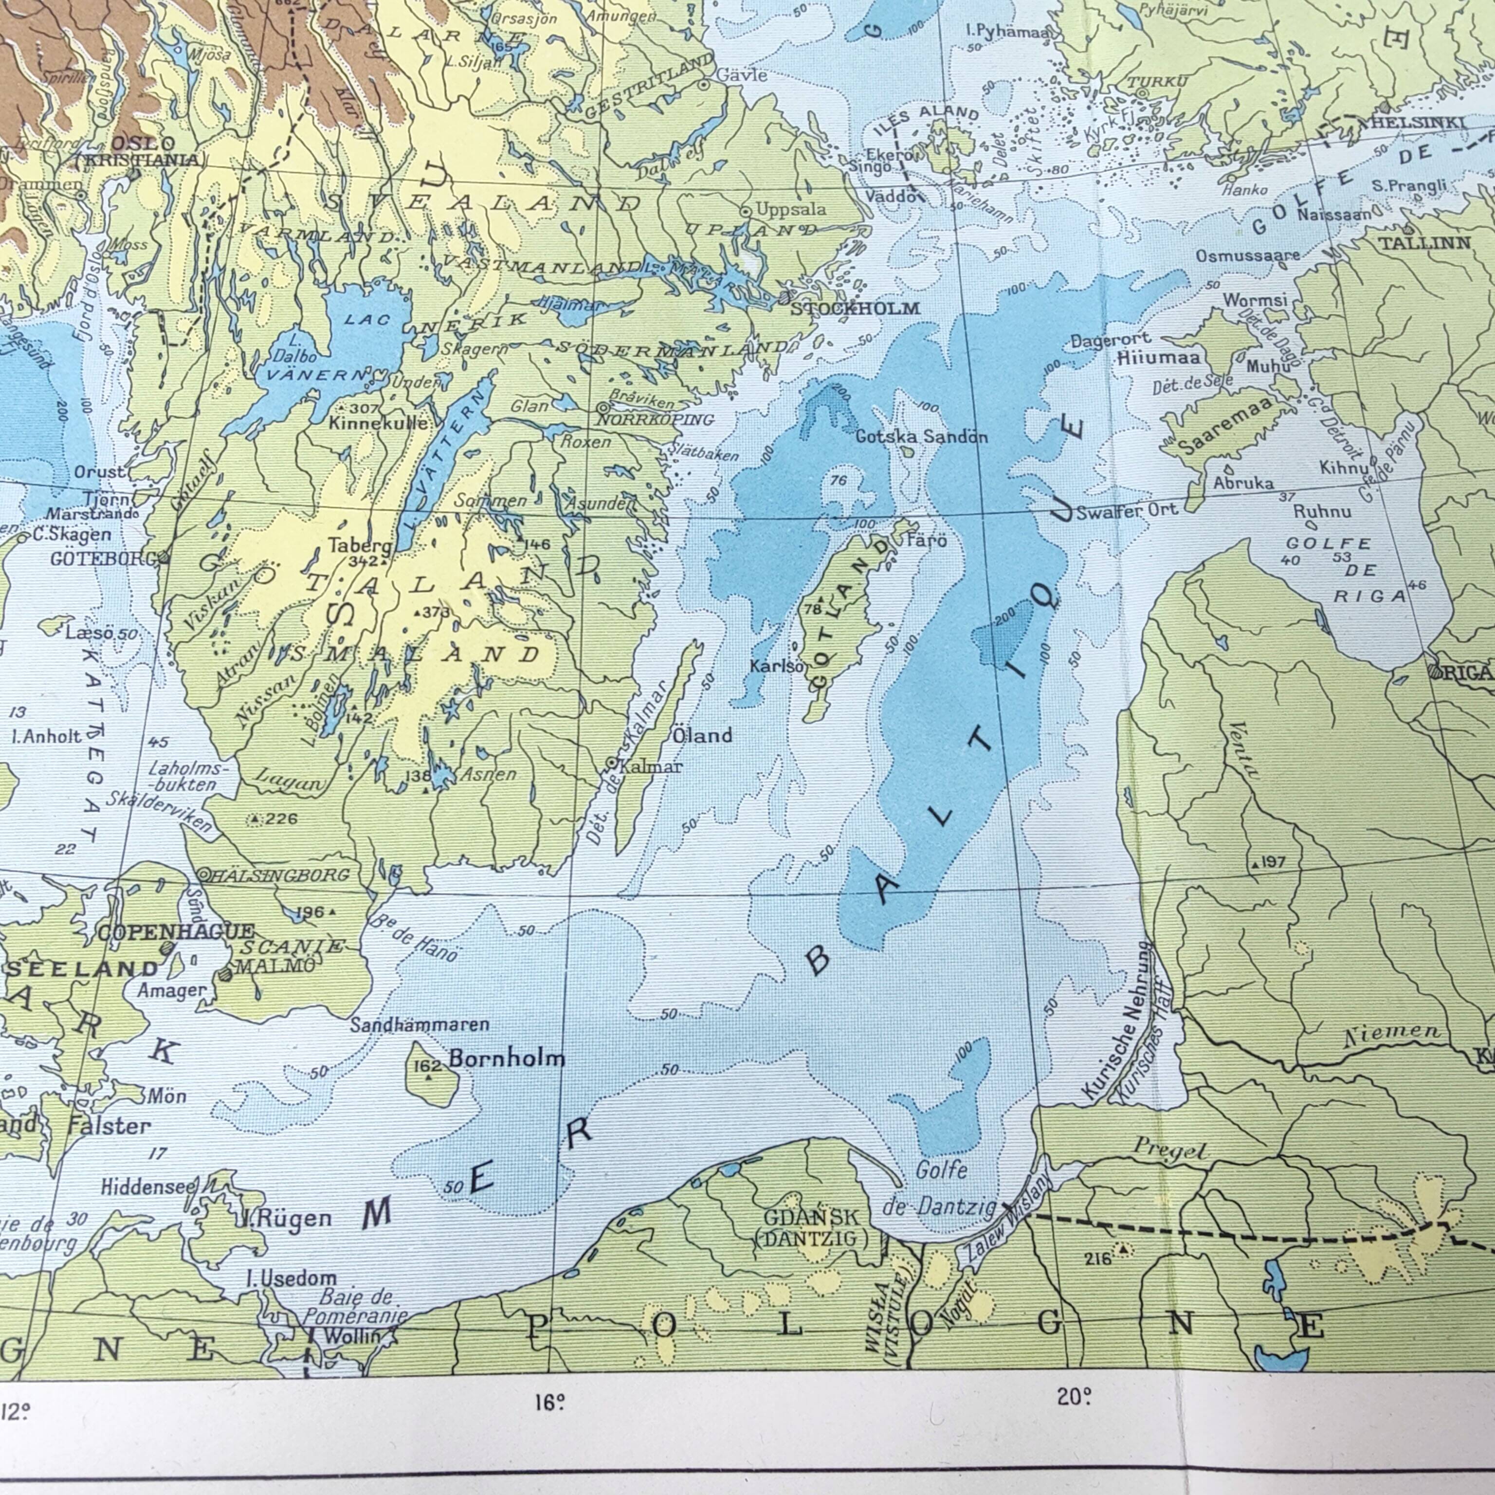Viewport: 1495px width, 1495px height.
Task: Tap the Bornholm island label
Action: point(507,1058)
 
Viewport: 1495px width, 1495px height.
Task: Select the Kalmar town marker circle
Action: point(611,763)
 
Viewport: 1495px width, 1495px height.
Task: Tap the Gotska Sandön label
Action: point(921,437)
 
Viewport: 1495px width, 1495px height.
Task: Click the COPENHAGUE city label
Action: point(176,931)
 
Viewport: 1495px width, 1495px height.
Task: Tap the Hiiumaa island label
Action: point(1158,357)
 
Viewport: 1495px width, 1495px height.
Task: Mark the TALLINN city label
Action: point(1424,243)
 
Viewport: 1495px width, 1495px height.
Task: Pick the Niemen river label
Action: point(1392,1033)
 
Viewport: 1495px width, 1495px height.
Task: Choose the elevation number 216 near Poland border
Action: point(1097,1259)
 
